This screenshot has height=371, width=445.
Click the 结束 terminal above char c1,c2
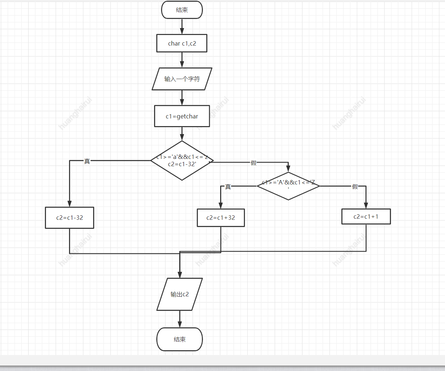pyautogui.click(x=182, y=10)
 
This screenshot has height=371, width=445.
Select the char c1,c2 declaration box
pyautogui.click(x=182, y=43)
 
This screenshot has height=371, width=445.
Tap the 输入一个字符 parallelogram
pyautogui.click(x=182, y=79)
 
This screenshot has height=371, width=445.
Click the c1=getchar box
pyautogui.click(x=182, y=116)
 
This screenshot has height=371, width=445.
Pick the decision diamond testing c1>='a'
pyautogui.click(x=182, y=161)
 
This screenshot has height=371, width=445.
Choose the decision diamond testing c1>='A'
pyautogui.click(x=288, y=186)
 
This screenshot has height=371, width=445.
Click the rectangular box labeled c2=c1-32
pyautogui.click(x=69, y=218)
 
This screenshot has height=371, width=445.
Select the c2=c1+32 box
pyautogui.click(x=221, y=218)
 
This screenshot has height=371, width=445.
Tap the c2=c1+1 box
pyautogui.click(x=366, y=216)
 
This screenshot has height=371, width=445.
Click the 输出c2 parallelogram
pyautogui.click(x=180, y=294)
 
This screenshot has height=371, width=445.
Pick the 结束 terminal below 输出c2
pyautogui.click(x=180, y=339)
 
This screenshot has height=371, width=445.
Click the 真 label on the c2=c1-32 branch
pyautogui.click(x=87, y=161)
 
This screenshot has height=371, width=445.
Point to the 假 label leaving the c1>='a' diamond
pyautogui.click(x=254, y=163)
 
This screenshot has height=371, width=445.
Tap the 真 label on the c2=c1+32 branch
pyautogui.click(x=228, y=187)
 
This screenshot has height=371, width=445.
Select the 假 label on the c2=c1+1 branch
pyautogui.click(x=355, y=187)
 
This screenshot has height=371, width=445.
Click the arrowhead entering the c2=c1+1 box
pyautogui.click(x=366, y=206)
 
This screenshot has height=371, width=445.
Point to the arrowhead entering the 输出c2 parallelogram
pyautogui.click(x=180, y=275)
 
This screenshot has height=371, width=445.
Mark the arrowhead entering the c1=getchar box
pyautogui.click(x=182, y=102)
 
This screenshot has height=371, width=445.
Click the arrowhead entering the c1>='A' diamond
pyautogui.click(x=288, y=169)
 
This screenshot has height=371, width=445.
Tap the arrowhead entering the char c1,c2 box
pyautogui.click(x=182, y=31)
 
